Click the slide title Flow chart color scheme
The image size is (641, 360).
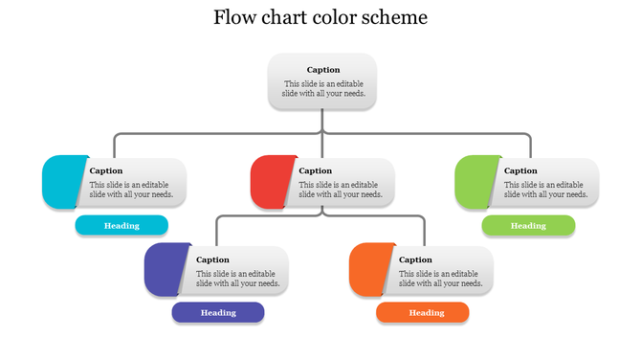(x=320, y=18)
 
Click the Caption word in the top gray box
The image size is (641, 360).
(x=322, y=70)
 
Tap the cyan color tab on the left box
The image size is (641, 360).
(x=62, y=181)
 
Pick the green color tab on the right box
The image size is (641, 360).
(x=475, y=181)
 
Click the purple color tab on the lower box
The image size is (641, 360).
(x=165, y=269)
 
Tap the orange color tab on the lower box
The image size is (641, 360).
(x=369, y=269)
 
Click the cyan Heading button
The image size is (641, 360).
(x=122, y=226)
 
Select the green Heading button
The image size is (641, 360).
(x=528, y=226)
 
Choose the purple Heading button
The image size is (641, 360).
(x=218, y=312)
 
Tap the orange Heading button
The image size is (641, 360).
(x=423, y=312)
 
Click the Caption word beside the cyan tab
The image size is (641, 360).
(x=106, y=171)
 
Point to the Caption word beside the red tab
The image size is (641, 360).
(x=316, y=171)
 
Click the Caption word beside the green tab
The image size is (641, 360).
(x=520, y=171)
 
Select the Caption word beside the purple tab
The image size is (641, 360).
(x=212, y=259)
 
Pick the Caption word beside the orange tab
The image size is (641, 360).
(x=415, y=259)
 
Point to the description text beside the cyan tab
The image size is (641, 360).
(x=131, y=190)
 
